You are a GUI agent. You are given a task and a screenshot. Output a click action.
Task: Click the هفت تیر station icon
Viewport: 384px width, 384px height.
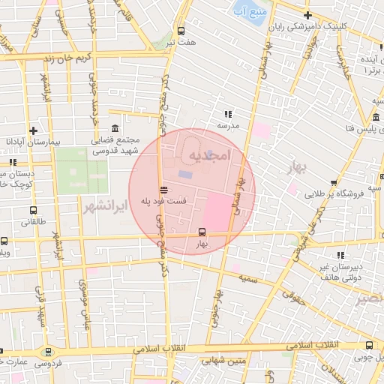point(181,31)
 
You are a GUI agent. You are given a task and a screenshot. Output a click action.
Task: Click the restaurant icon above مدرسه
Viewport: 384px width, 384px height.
point(227,114)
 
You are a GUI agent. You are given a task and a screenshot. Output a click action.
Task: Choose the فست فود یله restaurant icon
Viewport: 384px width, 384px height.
point(163,188)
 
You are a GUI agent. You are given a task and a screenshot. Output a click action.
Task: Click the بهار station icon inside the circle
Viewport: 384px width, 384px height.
point(201,232)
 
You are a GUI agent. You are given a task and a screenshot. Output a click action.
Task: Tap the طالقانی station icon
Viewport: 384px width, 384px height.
point(33,211)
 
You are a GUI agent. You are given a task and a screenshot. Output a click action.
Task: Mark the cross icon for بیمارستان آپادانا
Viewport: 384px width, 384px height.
point(33,130)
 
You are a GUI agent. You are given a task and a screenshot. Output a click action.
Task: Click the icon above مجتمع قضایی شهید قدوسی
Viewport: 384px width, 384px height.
point(114,128)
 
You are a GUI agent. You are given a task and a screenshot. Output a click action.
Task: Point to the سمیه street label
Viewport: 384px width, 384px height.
point(247,278)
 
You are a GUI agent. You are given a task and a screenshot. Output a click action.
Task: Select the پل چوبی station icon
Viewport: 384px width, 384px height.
point(368,345)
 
